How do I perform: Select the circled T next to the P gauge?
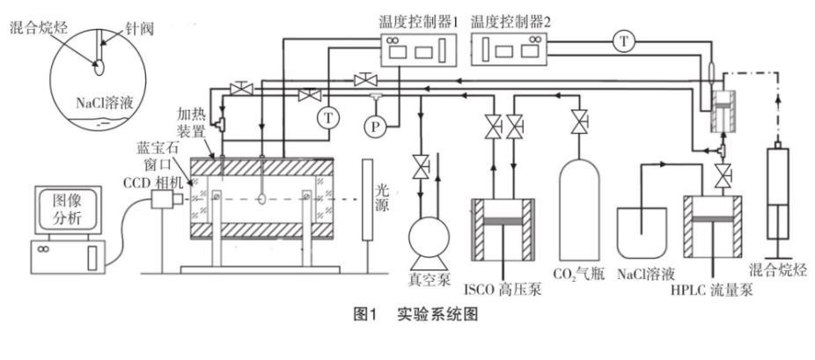pyautogui.click(x=328, y=115)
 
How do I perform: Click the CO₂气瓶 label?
pyautogui.click(x=576, y=274)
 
